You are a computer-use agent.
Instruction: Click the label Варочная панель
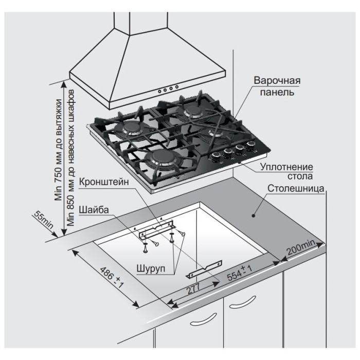pyautogui.click(x=276, y=87)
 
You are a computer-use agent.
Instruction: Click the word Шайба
pyautogui.click(x=94, y=209)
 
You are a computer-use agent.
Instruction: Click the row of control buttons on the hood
pyautogui.click(x=169, y=89)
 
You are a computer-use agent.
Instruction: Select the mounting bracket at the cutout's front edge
pyautogui.click(x=206, y=268)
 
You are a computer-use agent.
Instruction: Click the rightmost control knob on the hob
pyautogui.click(x=251, y=145)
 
